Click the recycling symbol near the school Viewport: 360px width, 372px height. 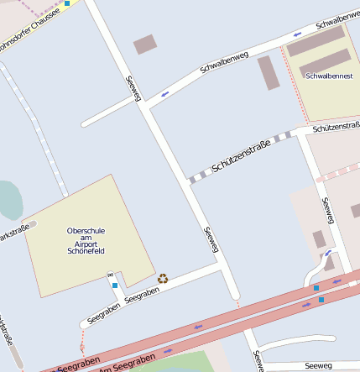click(163, 278)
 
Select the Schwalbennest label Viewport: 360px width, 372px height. click(330, 76)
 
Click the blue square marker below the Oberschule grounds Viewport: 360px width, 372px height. click(115, 286)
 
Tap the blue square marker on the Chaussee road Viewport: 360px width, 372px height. click(67, 3)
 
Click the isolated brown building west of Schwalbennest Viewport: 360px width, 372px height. click(269, 73)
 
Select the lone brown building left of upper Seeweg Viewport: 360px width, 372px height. click(145, 45)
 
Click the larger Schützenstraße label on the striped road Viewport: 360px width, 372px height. click(241, 156)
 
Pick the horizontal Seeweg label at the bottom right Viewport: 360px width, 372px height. click(319, 365)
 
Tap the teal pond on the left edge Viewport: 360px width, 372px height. click(8, 200)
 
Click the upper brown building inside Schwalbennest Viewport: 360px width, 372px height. click(316, 40)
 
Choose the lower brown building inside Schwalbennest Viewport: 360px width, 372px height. click(325, 61)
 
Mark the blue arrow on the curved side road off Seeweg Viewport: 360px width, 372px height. click(328, 253)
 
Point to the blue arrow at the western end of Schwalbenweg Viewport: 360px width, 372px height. click(164, 92)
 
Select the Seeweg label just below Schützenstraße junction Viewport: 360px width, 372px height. click(211, 239)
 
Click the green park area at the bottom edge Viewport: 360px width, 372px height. click(168, 364)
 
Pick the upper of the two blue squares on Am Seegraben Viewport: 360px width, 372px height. click(316, 288)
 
